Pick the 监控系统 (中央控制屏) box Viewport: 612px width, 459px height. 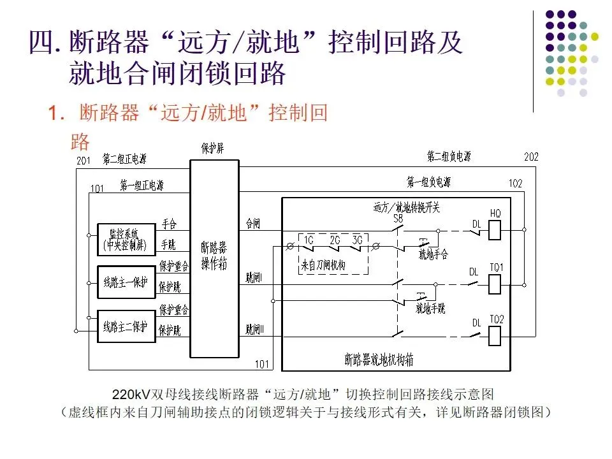pos(126,238)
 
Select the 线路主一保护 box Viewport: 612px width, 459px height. pos(126,280)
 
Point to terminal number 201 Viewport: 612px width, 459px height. pos(84,161)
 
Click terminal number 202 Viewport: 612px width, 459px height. pos(531,157)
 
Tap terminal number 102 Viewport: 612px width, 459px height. pos(515,184)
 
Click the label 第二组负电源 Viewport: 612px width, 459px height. pos(449,156)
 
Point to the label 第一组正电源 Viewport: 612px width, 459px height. pos(142,186)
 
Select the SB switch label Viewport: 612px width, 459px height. pos(398,218)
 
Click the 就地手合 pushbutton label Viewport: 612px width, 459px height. pos(433,254)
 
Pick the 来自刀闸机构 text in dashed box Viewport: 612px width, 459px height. pos(323,265)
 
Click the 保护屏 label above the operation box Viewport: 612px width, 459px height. pos(212,149)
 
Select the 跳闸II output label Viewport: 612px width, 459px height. pos(259,330)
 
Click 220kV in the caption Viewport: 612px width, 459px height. pos(131,393)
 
